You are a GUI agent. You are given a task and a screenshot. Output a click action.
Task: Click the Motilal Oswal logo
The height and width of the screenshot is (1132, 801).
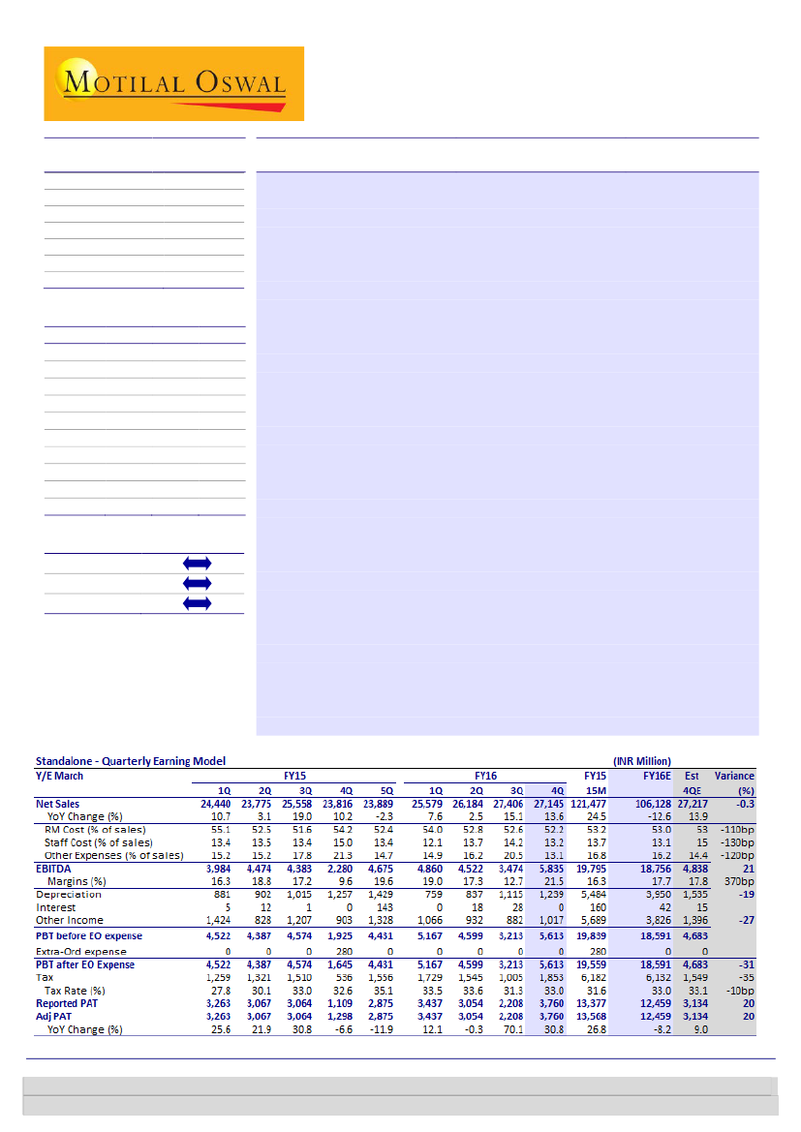coord(173,83)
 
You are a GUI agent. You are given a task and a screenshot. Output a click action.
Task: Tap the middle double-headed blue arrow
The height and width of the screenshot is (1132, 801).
coord(196,583)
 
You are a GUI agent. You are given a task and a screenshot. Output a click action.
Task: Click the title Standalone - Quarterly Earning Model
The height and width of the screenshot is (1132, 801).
coord(131,761)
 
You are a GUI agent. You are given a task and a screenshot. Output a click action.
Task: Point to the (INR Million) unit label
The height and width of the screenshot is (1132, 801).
coord(641,761)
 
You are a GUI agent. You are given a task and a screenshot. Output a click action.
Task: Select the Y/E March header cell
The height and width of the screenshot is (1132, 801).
coord(60,776)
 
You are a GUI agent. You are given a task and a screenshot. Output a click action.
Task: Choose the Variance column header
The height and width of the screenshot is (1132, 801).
coord(734,776)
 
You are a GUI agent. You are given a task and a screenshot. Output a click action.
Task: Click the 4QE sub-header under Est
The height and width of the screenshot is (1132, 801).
coord(691,790)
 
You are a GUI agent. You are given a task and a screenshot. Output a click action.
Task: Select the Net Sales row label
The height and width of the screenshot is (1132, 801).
coord(58,804)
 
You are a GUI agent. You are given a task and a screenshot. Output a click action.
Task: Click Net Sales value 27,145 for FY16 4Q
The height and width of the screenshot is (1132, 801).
coord(553,804)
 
